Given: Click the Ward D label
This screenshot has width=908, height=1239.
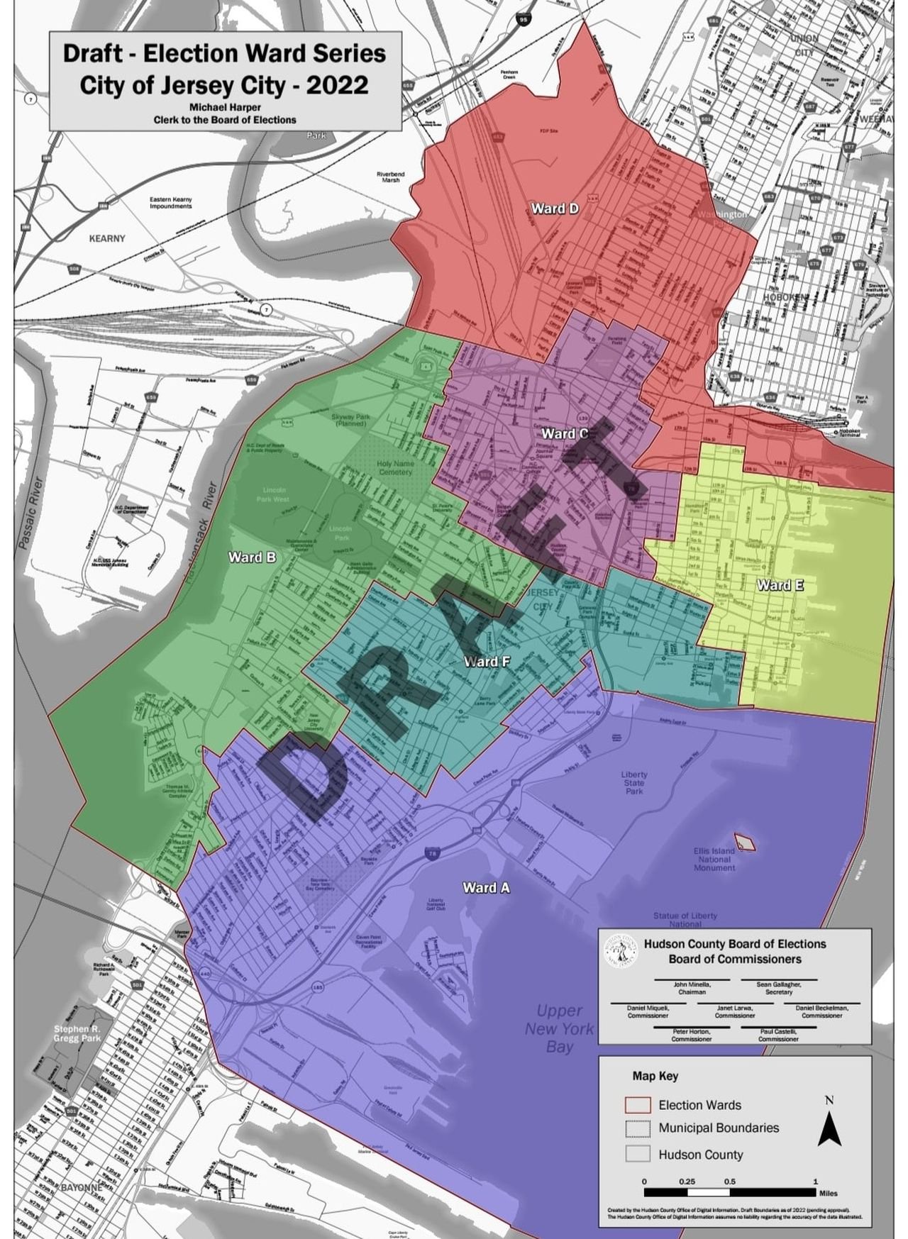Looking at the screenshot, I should (x=555, y=209).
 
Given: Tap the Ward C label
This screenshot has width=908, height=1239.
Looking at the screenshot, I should (x=564, y=433).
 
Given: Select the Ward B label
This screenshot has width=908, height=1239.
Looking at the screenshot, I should (x=252, y=557).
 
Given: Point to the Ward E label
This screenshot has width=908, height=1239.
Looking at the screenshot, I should (x=780, y=585).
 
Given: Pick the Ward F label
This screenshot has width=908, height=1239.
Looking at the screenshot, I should (x=487, y=662).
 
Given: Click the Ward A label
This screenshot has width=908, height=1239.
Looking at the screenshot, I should (x=486, y=887).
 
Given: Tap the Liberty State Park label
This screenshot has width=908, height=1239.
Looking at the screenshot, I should (x=634, y=783).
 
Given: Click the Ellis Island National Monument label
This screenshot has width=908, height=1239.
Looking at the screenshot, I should (x=714, y=860).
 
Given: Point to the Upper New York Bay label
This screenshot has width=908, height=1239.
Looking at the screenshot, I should (x=560, y=1028).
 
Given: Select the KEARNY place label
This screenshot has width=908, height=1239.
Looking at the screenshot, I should (x=107, y=238).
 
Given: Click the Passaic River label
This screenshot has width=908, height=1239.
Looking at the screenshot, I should (x=29, y=513).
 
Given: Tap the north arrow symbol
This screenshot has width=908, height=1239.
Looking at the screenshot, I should (x=829, y=1122).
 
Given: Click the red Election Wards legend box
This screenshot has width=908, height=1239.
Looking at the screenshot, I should (x=638, y=1105).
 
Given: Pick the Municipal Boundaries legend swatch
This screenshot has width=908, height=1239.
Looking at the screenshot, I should (x=638, y=1128).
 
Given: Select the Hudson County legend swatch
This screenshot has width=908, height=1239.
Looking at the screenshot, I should (x=638, y=1154).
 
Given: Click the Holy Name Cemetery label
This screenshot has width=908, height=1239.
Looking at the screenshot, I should (x=395, y=467).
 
